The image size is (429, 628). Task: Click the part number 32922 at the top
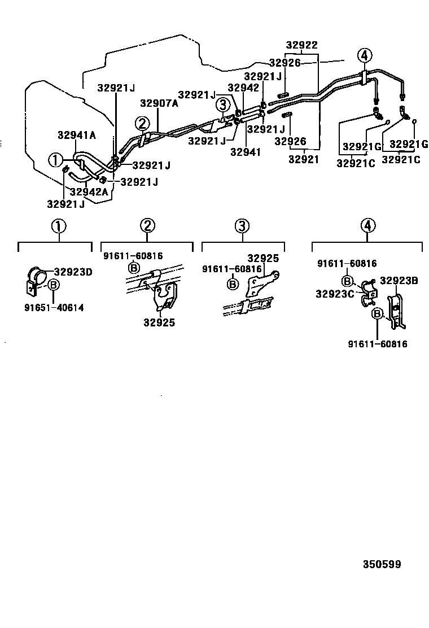pos(301,45)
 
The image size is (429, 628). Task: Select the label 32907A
pos(159,103)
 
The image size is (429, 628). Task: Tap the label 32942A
pos(89,191)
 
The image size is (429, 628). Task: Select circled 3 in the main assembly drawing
pos(223,104)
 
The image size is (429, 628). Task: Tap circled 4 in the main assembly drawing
pos(365,55)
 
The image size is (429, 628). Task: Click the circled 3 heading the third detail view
pos(241,226)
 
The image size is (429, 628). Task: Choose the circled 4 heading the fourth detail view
pos(367,226)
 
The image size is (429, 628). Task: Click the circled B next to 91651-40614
pos(53,285)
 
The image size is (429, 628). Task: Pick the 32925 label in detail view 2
pos(159,322)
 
